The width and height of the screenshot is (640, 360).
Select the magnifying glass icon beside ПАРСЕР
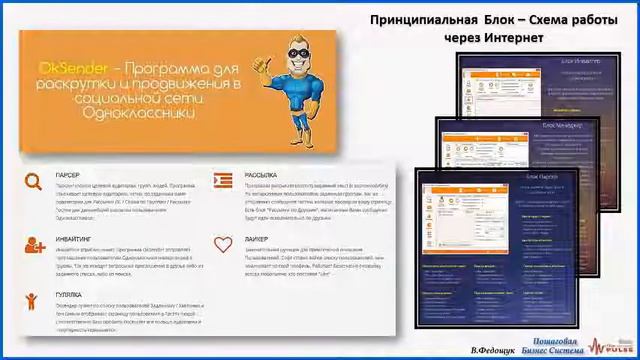[x=35, y=180]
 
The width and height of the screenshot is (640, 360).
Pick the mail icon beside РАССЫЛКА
[x=223, y=180]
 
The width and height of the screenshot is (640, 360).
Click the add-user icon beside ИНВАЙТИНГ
[x=35, y=243]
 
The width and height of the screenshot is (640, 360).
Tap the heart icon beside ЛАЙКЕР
[x=223, y=245]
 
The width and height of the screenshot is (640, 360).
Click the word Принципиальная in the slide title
[x=420, y=19]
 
